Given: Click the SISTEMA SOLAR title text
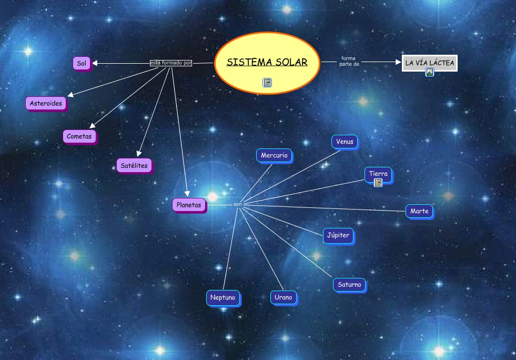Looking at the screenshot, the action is pyautogui.click(x=267, y=63).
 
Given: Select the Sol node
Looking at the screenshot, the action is pyautogui.click(x=82, y=64).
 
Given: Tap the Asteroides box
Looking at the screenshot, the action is pyautogui.click(x=46, y=103).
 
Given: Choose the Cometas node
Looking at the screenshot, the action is pyautogui.click(x=79, y=136).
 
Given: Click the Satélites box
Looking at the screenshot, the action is pyautogui.click(x=134, y=166).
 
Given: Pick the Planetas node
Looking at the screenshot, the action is pyautogui.click(x=189, y=205).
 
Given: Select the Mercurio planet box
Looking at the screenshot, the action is pyautogui.click(x=274, y=155).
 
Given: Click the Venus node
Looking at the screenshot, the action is pyautogui.click(x=345, y=142).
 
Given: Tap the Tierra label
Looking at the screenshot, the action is pyautogui.click(x=378, y=174).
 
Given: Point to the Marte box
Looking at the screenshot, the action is pyautogui.click(x=419, y=211).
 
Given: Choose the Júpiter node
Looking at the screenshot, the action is pyautogui.click(x=338, y=235).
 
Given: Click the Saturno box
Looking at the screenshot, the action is pyautogui.click(x=349, y=285).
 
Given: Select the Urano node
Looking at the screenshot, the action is pyautogui.click(x=283, y=297).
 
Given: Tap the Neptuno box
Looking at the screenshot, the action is pyautogui.click(x=222, y=297).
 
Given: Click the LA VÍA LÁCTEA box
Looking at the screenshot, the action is pyautogui.click(x=429, y=63).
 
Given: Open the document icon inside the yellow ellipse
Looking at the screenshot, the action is pyautogui.click(x=267, y=82).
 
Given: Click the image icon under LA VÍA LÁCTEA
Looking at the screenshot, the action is pyautogui.click(x=429, y=73).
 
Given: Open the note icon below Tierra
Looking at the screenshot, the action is pyautogui.click(x=378, y=183).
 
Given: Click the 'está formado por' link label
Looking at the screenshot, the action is pyautogui.click(x=171, y=63).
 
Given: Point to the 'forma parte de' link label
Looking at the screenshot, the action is pyautogui.click(x=349, y=61).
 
